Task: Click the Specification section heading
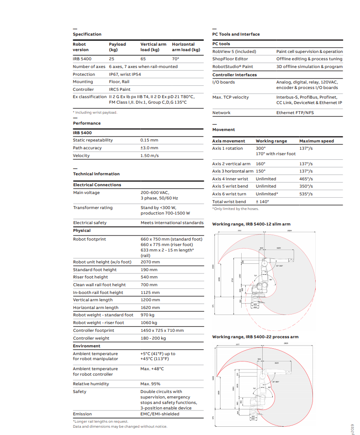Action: (87, 34)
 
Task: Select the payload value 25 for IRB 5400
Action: (111, 59)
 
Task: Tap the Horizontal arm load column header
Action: (186, 47)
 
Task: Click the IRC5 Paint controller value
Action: (120, 89)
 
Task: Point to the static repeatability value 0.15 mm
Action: (149, 140)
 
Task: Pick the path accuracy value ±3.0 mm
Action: (149, 148)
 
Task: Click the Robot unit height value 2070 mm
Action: (150, 262)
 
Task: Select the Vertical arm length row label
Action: (93, 300)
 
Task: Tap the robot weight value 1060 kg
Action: (149, 323)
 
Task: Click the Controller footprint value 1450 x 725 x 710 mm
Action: (162, 330)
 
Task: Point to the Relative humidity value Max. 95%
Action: (150, 384)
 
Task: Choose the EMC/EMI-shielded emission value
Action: (160, 414)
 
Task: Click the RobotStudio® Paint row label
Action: (233, 67)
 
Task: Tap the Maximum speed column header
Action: (317, 141)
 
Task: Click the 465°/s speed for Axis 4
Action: (306, 179)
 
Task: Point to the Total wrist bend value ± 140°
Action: (262, 202)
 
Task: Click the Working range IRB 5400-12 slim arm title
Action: (251, 224)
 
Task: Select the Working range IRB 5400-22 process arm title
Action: (255, 337)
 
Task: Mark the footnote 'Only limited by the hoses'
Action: (235, 209)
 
